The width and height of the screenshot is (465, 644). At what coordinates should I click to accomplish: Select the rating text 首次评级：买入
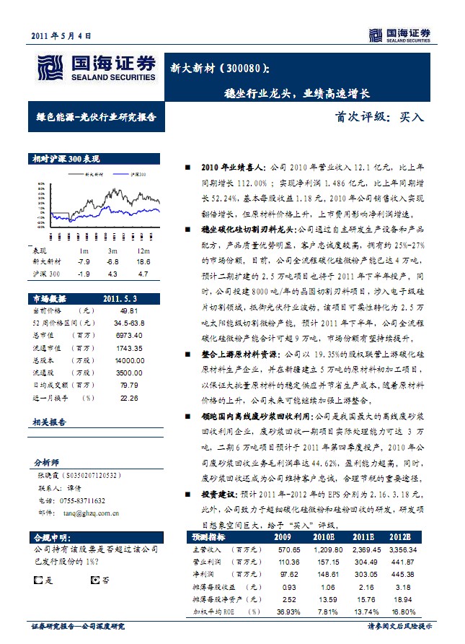coord(381,116)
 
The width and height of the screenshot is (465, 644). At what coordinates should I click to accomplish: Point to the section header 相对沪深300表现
coord(66,159)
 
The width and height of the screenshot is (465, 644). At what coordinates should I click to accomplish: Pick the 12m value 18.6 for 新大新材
coord(142,261)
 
